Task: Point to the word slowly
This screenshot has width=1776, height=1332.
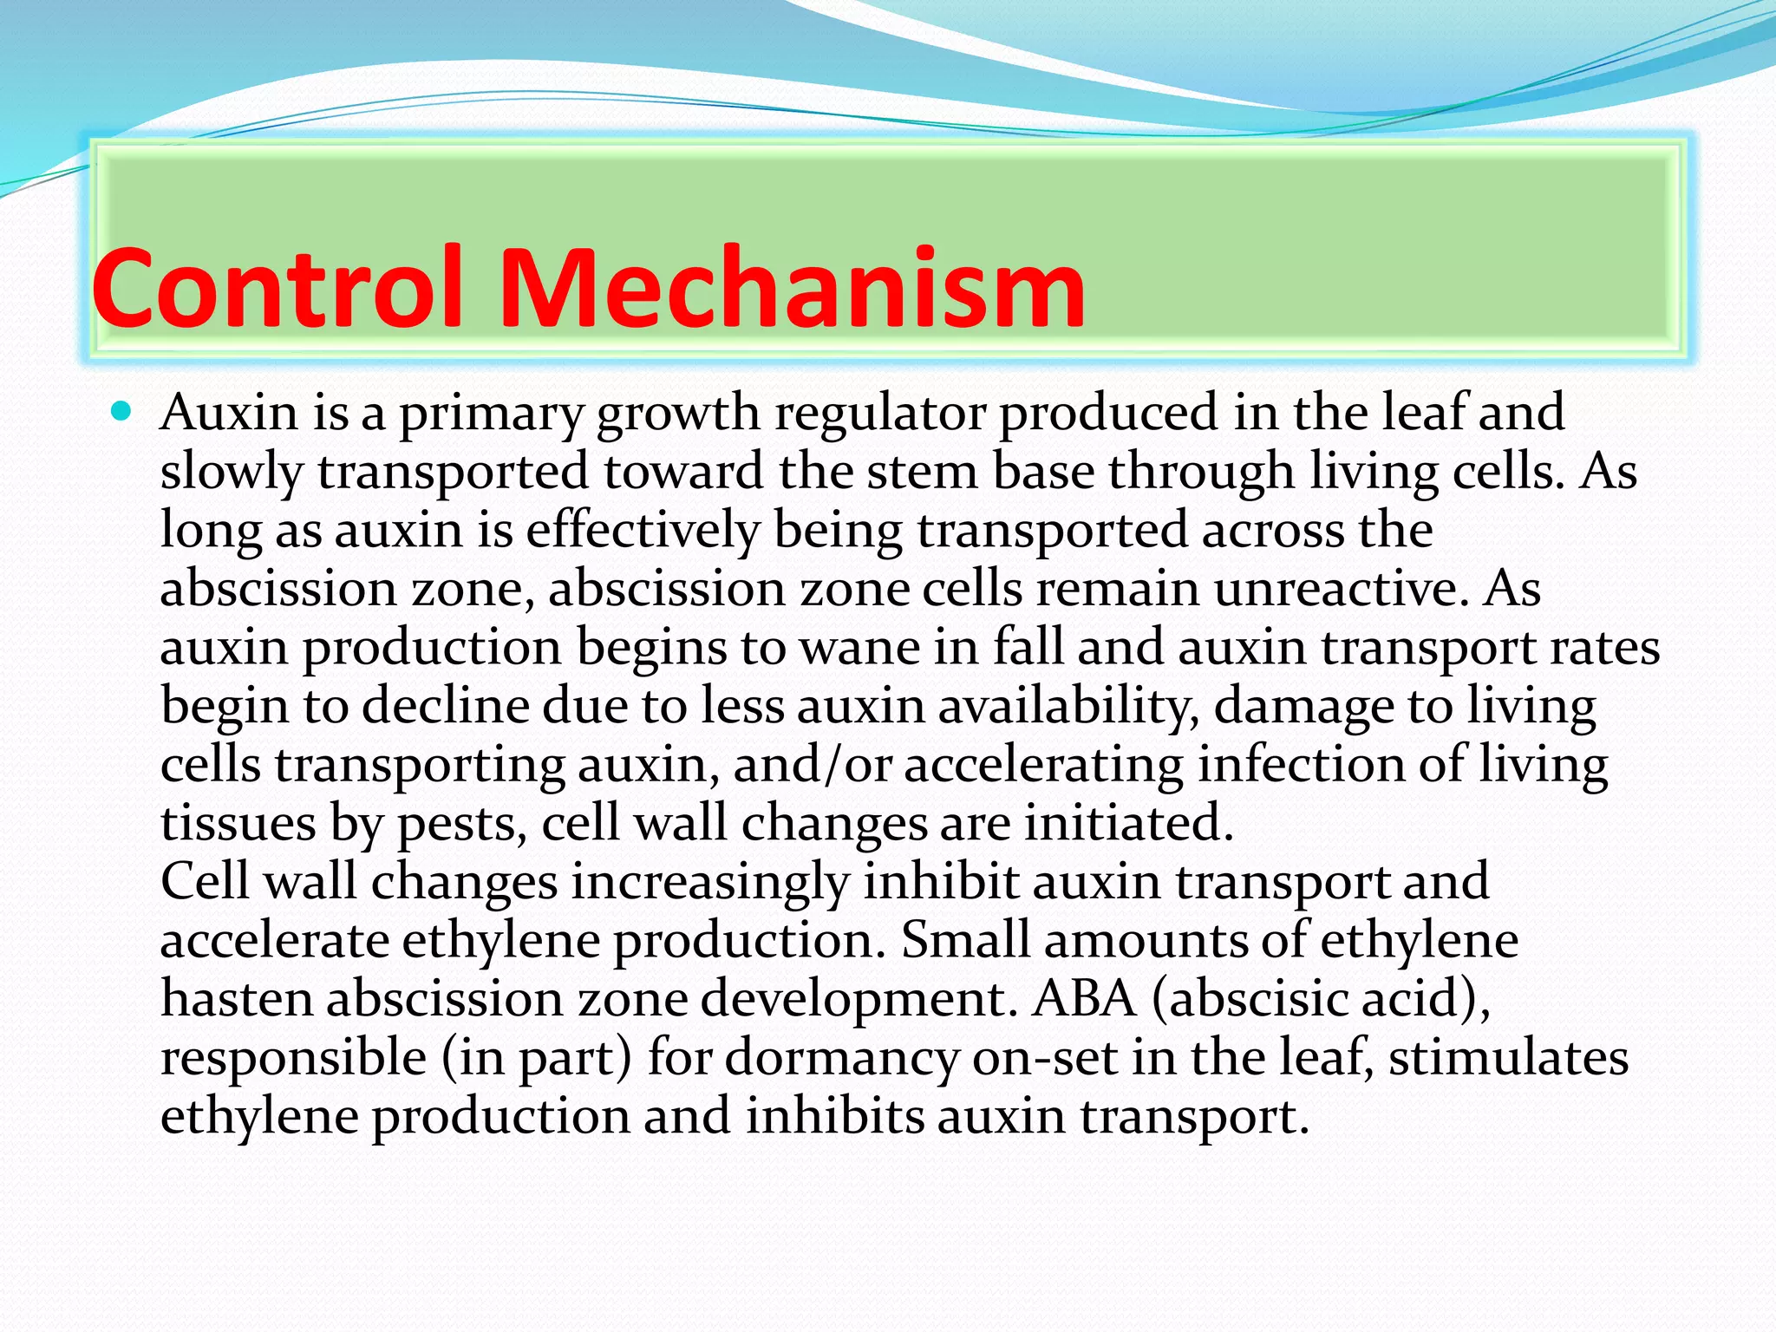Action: (231, 473)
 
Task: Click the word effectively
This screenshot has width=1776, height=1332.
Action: (642, 530)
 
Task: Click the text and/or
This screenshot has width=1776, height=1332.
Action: (812, 765)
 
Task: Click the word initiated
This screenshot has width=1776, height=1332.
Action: (1128, 824)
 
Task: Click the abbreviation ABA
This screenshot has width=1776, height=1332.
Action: (1084, 999)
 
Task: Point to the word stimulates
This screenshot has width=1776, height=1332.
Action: (1508, 1059)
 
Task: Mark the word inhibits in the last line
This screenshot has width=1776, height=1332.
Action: (834, 1117)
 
